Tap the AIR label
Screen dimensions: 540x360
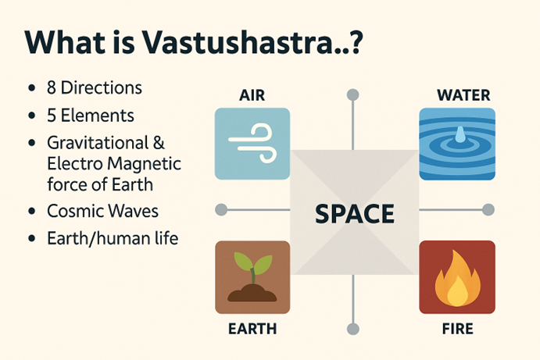[252, 95]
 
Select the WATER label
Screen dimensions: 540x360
[463, 95]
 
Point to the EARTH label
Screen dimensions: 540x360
[252, 329]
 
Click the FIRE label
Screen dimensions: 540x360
[457, 329]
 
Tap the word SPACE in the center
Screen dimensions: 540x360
[355, 214]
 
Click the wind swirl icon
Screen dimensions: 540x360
[252, 144]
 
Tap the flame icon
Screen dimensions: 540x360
[457, 279]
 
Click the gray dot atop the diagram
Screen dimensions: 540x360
[352, 94]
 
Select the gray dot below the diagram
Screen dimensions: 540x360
[352, 329]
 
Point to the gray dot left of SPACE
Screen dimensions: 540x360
[221, 209]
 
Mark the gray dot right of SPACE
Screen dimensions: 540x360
[488, 209]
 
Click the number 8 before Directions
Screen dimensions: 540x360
[52, 87]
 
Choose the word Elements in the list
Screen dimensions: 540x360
[98, 116]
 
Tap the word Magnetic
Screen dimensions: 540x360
[145, 164]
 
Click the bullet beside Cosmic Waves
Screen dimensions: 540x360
[32, 211]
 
